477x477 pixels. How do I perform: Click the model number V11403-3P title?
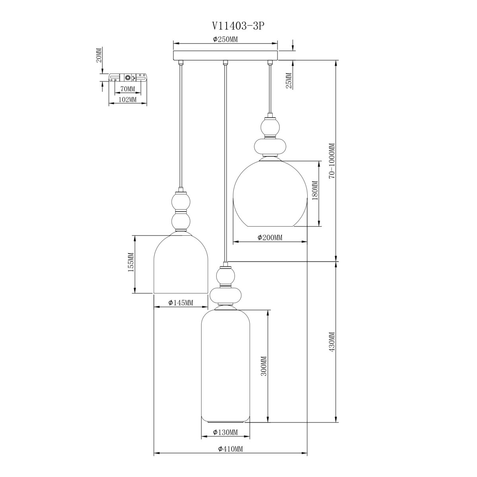pyautogui.click(x=237, y=26)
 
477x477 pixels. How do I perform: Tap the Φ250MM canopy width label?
pyautogui.click(x=225, y=39)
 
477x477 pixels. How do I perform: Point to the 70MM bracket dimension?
pyautogui.click(x=128, y=89)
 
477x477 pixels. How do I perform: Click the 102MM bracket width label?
pyautogui.click(x=128, y=99)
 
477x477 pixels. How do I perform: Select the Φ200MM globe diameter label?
pyautogui.click(x=270, y=238)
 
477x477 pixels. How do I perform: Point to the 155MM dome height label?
pyautogui.click(x=131, y=262)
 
